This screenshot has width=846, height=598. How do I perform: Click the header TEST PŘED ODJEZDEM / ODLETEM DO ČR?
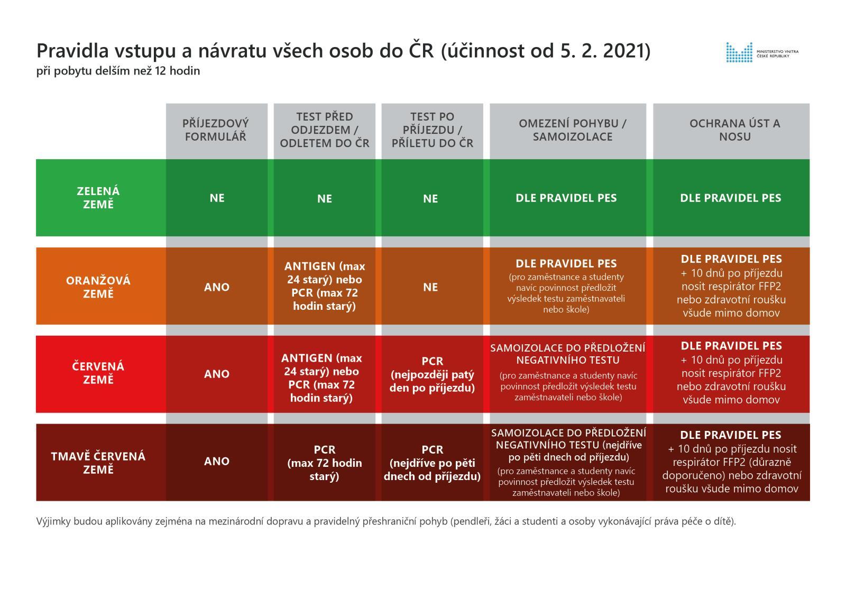[x=324, y=130]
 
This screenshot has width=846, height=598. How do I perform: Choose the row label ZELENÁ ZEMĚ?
[x=98, y=198]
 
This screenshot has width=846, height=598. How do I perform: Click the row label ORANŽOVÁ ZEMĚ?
[x=98, y=287]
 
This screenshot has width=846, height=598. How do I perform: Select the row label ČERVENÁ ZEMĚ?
[x=98, y=373]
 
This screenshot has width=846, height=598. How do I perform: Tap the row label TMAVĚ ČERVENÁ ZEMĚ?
[x=98, y=463]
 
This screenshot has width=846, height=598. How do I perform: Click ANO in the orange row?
[x=217, y=287]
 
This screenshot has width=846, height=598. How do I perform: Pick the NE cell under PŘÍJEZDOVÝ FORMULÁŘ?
[x=217, y=198]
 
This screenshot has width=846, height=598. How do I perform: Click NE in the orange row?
[x=430, y=287]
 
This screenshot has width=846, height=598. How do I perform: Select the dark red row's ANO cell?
[x=217, y=461]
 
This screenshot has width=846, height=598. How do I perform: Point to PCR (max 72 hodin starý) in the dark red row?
[x=325, y=463]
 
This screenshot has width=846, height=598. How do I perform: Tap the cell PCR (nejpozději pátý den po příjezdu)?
[x=432, y=374]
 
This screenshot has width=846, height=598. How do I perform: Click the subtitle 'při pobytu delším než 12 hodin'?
[x=118, y=71]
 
